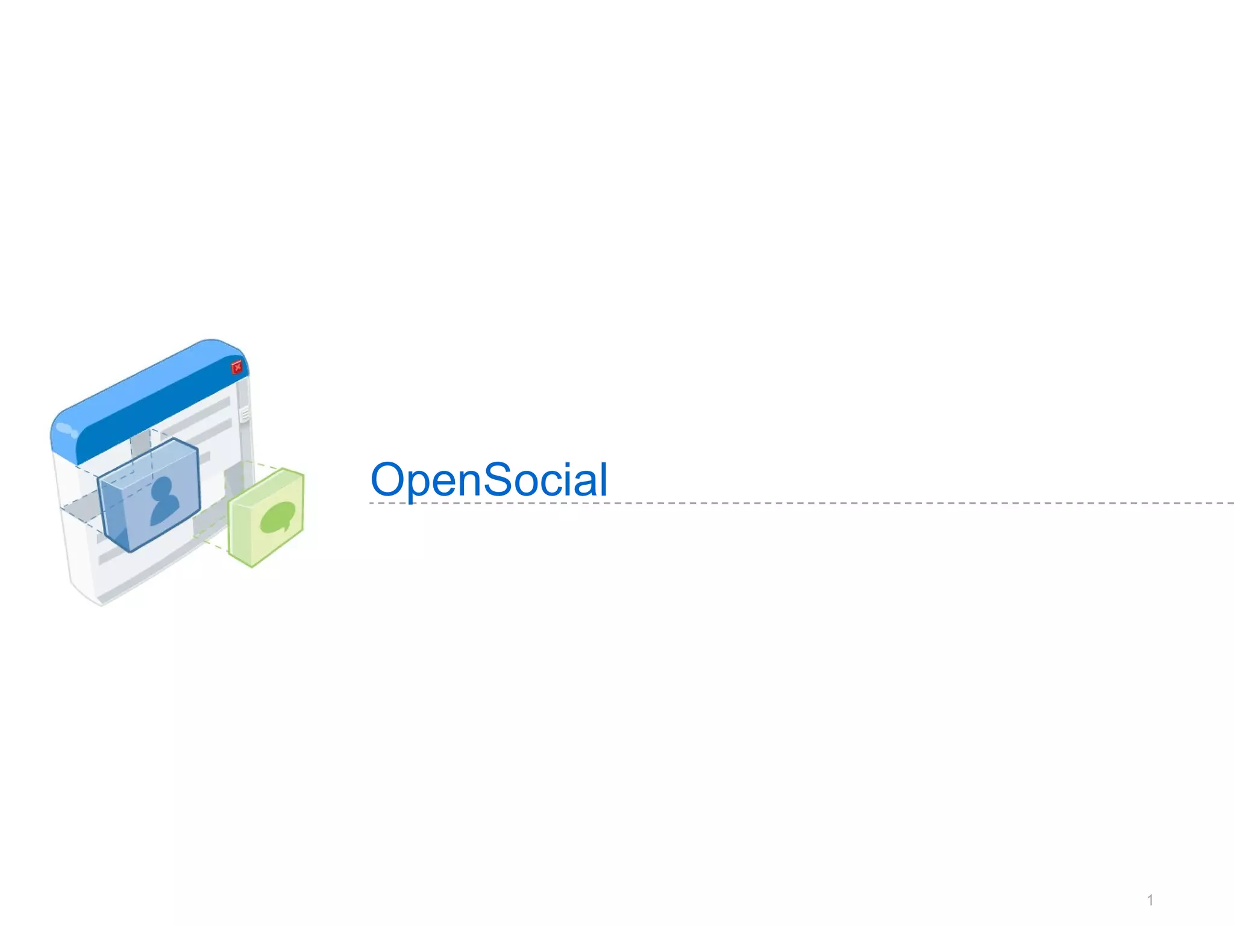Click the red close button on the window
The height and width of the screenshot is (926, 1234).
coord(237,367)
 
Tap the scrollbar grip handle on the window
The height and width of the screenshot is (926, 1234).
coord(245,414)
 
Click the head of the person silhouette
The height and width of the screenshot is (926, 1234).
coord(163,488)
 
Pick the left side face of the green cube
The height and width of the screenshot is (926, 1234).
coord(240,531)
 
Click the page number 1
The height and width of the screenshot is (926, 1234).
coord(1150,901)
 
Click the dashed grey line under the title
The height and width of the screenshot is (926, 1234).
coord(844,503)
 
